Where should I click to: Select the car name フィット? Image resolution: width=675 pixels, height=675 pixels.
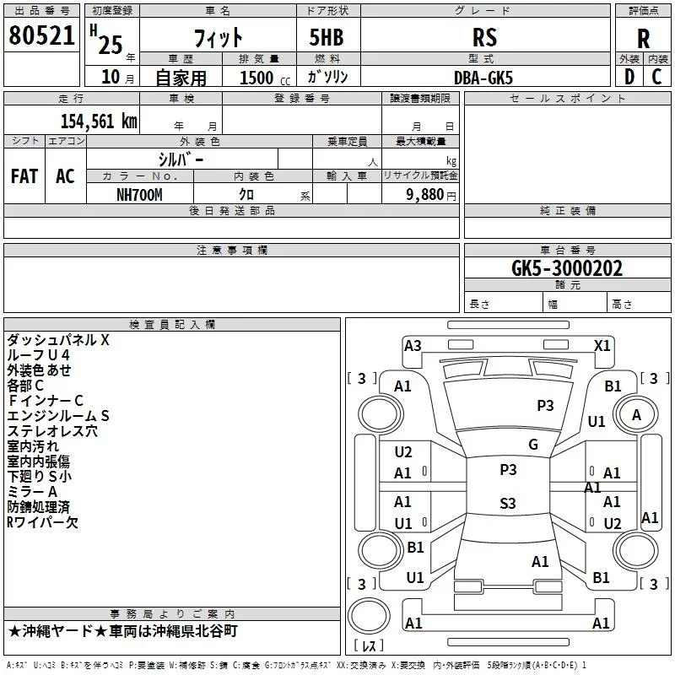[218, 37]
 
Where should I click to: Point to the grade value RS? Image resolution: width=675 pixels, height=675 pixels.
[484, 37]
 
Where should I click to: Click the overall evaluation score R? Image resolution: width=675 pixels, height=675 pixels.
[643, 39]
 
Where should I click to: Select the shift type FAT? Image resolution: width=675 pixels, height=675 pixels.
[24, 175]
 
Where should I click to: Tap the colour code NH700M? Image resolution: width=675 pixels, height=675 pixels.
[140, 194]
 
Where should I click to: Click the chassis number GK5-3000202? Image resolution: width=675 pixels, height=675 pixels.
[567, 268]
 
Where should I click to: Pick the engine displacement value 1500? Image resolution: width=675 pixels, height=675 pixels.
[256, 78]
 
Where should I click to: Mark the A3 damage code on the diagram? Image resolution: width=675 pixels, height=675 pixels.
[413, 345]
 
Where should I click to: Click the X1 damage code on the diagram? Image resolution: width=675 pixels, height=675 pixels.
[602, 345]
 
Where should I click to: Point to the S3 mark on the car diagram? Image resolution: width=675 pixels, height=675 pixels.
[507, 504]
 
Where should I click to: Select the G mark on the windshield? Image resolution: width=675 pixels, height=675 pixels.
[532, 445]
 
